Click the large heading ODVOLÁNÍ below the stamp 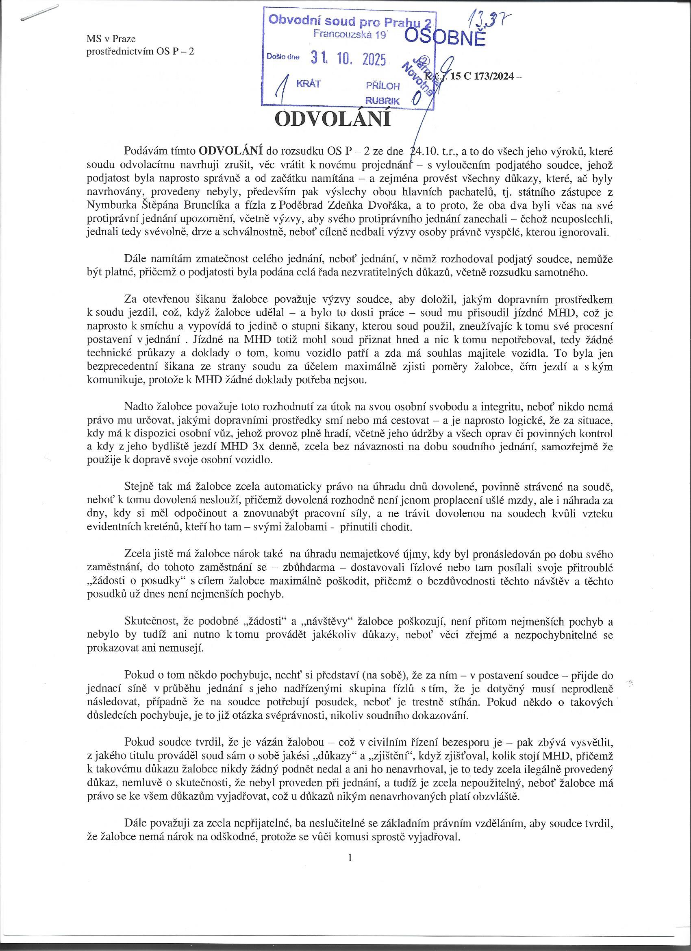(332, 119)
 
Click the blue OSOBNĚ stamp (445, 38)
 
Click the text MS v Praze (111, 39)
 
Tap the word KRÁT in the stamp (309, 84)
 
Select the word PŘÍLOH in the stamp (382, 86)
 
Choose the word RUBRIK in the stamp (382, 100)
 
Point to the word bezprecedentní (125, 366)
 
